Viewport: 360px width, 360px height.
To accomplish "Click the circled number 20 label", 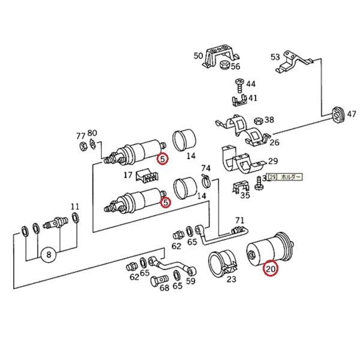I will [x=270, y=269].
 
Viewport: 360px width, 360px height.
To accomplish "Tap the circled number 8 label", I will [x=49, y=254].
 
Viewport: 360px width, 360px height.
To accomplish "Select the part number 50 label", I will [x=198, y=56].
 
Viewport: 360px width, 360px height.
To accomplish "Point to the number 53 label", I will [x=275, y=57].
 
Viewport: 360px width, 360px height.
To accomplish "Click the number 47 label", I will [x=351, y=113].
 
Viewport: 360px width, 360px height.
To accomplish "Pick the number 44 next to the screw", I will [x=250, y=84].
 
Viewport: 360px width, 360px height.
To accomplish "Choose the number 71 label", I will [x=239, y=220].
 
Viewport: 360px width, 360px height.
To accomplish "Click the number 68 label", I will [x=164, y=287].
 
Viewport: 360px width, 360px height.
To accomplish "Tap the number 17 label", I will [x=128, y=176].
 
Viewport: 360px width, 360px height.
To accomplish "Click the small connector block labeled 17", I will [x=146, y=175].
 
